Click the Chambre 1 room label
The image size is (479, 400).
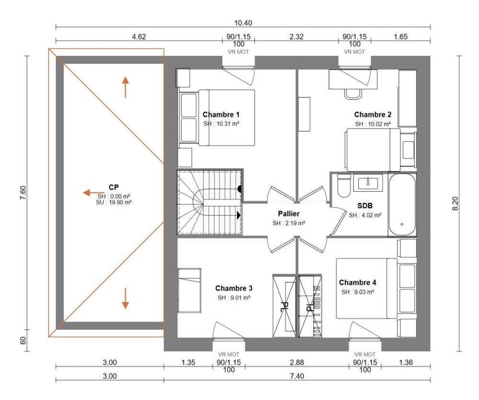pyautogui.click(x=221, y=115)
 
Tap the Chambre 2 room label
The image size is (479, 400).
pyautogui.click(x=373, y=115)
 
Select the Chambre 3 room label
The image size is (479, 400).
pyautogui.click(x=234, y=288)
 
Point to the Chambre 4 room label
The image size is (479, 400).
pyautogui.click(x=357, y=282)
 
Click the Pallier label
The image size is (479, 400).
pyautogui.click(x=289, y=214)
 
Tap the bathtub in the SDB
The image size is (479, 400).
pyautogui.click(x=402, y=205)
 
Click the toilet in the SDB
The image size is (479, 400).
pyautogui.click(x=344, y=187)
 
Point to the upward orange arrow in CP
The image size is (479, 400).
pyautogui.click(x=125, y=87)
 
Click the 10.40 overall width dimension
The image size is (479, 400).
pyautogui.click(x=243, y=23)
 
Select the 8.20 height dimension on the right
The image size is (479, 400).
pyautogui.click(x=456, y=203)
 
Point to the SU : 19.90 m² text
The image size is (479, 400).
pyautogui.click(x=114, y=202)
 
